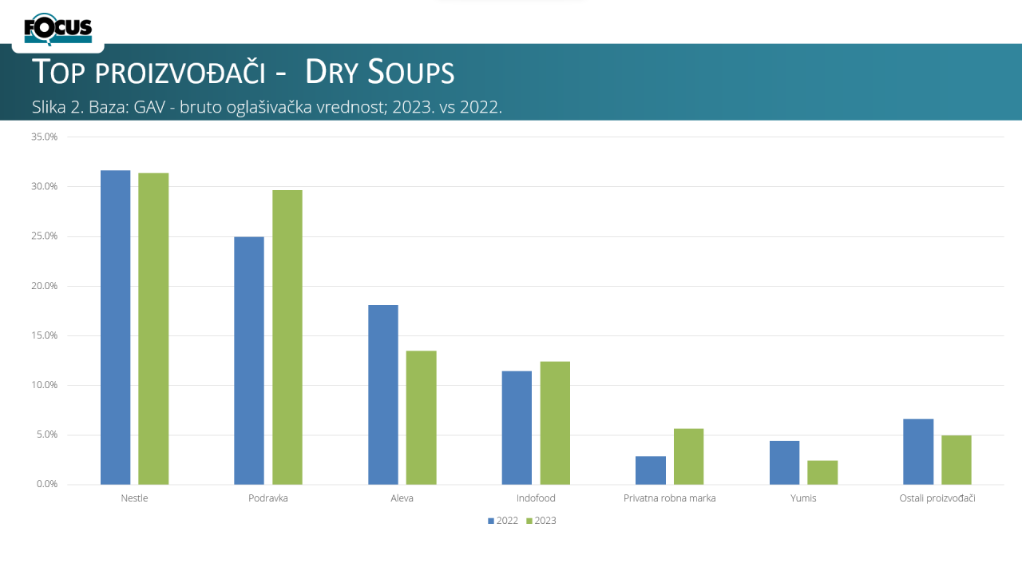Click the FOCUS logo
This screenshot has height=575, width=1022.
58,29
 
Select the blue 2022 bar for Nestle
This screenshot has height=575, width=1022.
116,327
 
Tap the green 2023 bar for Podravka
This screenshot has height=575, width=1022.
287,337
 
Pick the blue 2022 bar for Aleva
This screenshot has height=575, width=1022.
383,395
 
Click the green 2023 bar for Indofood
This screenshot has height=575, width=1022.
555,423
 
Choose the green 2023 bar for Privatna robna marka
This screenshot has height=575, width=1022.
689,456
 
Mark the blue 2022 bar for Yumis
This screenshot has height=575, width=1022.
785,462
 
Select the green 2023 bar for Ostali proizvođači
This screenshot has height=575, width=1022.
957,460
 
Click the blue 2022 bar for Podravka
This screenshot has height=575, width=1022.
249,360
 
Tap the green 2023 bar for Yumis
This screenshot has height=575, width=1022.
822,472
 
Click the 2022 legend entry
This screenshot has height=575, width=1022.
503,521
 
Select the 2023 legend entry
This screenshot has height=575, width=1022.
541,521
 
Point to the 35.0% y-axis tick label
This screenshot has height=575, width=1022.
44,137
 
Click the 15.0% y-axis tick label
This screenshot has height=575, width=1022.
44,335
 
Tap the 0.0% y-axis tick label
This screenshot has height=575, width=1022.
47,484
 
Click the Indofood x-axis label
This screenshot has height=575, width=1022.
536,498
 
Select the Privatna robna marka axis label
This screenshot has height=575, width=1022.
669,498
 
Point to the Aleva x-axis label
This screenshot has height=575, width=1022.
402,498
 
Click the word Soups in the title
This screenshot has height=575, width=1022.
411,72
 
